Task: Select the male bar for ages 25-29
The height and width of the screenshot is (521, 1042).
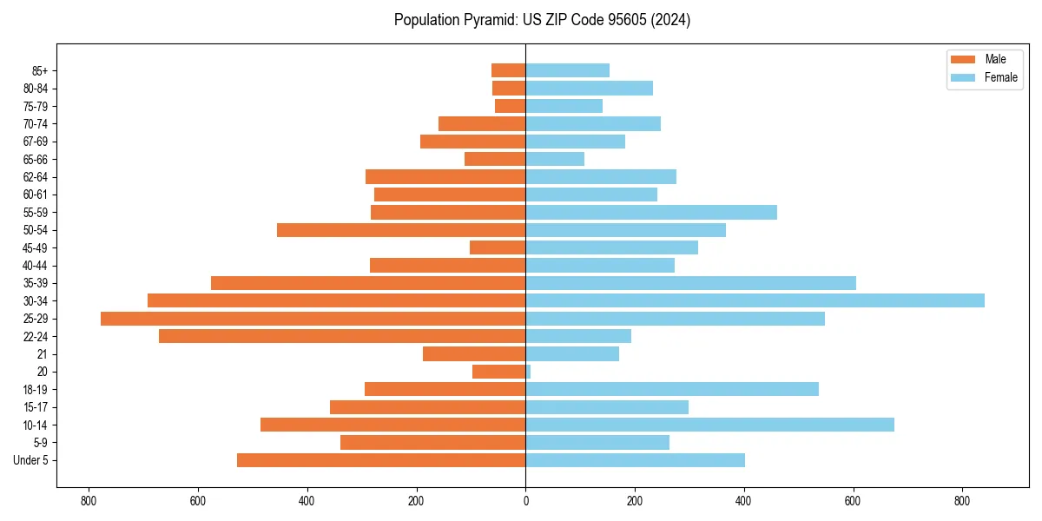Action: tap(313, 319)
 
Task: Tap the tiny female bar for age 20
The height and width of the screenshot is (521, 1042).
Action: tap(528, 372)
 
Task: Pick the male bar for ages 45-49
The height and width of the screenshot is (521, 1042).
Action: tap(498, 247)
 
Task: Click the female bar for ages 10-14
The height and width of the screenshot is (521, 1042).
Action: tap(709, 425)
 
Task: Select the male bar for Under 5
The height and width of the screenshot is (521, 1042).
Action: tap(381, 460)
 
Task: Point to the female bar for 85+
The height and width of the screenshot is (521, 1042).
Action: tap(567, 70)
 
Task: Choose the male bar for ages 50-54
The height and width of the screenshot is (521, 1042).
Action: tap(401, 230)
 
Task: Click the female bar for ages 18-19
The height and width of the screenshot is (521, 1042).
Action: tap(672, 389)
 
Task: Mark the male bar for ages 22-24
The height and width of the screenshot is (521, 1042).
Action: tap(342, 336)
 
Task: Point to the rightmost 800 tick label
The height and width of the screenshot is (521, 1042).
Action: tap(962, 501)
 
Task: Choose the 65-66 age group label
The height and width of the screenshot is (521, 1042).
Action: tap(36, 159)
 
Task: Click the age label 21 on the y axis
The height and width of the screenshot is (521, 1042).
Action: tap(43, 354)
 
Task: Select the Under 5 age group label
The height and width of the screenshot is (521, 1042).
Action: tap(31, 460)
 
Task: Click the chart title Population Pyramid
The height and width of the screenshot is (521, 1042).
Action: tap(542, 20)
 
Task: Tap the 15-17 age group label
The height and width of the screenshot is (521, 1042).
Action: tap(36, 407)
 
